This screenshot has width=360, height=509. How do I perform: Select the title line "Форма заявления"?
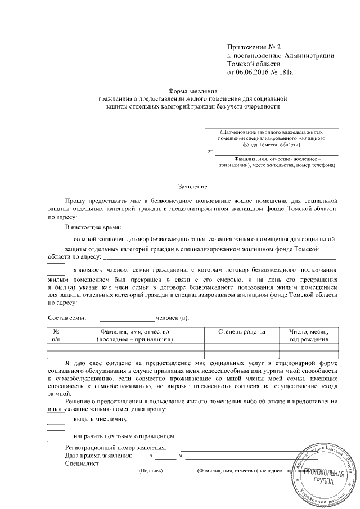pos(193,91)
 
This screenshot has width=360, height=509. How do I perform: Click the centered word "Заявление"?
pos(193,186)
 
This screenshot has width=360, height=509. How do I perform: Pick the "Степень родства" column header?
pos(241,332)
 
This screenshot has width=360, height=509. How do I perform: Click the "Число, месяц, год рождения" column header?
pos(309,336)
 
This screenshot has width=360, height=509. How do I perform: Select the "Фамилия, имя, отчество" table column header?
pos(134,336)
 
